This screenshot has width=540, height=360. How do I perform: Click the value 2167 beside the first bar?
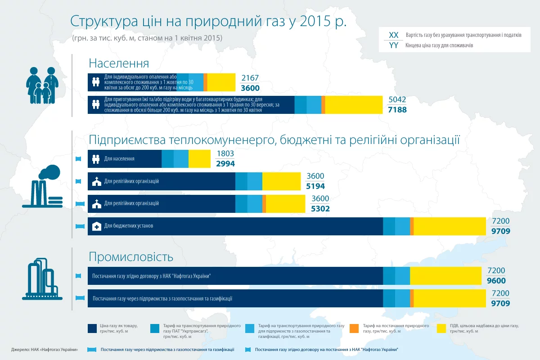pyautogui.click(x=250, y=78)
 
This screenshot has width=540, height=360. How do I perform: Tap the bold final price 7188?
pyautogui.click(x=397, y=110)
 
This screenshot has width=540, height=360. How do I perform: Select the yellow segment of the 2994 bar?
pyautogui.click(x=199, y=159)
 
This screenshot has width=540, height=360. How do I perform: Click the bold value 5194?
pyautogui.click(x=315, y=186)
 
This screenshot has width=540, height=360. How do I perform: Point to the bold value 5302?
pyautogui.click(x=320, y=209)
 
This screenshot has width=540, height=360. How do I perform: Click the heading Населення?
pyautogui.click(x=119, y=63)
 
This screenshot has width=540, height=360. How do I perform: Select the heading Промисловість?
pyautogui.click(x=131, y=257)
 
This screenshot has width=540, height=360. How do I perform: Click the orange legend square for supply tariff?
pyautogui.click(x=354, y=328)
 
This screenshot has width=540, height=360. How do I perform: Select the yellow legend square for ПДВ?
pyautogui.click(x=442, y=328)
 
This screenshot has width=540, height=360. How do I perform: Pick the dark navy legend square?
pyautogui.click(x=93, y=328)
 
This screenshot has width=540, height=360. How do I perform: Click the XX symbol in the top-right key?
pyautogui.click(x=393, y=35)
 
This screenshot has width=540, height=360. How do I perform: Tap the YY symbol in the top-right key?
pyautogui.click(x=393, y=45)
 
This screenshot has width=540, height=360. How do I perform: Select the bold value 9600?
pyautogui.click(x=496, y=281)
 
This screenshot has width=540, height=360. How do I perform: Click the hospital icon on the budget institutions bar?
pyautogui.click(x=96, y=226)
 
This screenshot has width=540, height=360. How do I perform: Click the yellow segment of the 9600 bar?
pyautogui.click(x=445, y=276)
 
